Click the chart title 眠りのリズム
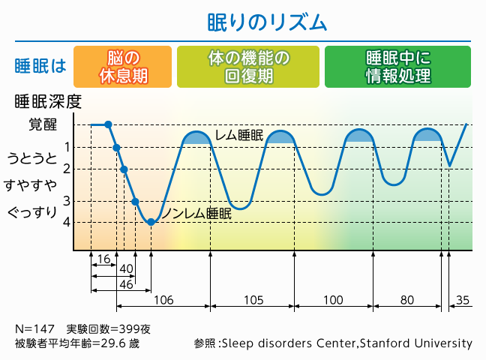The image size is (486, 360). [267, 22]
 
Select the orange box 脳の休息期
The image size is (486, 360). [123, 67]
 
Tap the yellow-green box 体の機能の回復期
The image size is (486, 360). [248, 67]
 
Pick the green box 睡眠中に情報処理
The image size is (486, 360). [398, 67]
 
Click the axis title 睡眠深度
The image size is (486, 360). [48, 101]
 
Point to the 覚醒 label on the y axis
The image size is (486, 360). [43, 124]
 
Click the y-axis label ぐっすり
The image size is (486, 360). [32, 212]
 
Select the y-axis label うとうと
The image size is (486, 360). [32, 158]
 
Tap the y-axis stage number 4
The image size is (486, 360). [67, 222]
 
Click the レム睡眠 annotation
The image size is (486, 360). [239, 135]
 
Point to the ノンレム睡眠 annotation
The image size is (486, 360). [196, 214]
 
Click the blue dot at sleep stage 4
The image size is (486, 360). [151, 222]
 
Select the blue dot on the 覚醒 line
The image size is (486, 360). [108, 124]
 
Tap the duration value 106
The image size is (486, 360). [163, 300]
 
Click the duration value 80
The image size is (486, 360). [407, 300]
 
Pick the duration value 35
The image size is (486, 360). [463, 300]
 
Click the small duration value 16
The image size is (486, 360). [103, 259]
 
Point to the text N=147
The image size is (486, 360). [34, 329]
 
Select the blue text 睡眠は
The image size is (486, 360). [40, 66]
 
